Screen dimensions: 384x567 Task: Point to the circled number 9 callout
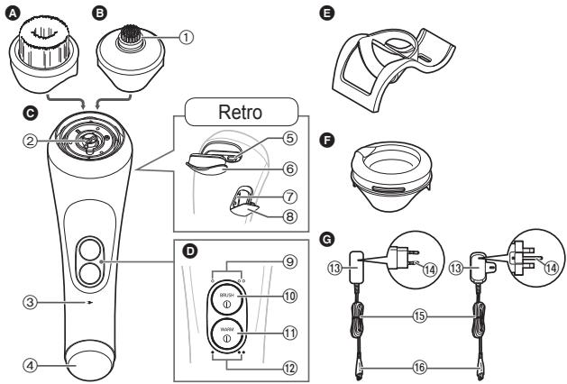click(x=288, y=262)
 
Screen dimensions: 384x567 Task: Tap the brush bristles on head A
click(x=38, y=32)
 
